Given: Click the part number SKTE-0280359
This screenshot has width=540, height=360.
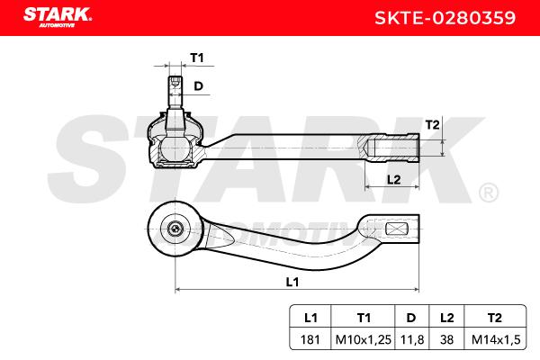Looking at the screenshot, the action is (445, 18).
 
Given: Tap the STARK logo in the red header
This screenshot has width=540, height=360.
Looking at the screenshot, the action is (58, 17).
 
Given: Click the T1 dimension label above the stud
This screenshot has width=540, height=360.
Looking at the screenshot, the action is (197, 58).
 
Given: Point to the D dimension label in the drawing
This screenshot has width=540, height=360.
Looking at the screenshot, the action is (198, 85).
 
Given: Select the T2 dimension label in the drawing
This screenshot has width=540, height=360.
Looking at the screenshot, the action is (433, 124).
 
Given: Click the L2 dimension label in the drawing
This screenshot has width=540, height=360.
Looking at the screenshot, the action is (393, 179).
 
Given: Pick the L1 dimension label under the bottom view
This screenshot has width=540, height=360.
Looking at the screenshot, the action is (292, 282).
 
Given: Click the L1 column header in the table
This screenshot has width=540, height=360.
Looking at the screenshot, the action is (310, 318).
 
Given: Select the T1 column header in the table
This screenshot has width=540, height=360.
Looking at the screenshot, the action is (364, 318).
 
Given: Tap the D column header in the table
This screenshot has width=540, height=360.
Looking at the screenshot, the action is (411, 318).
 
